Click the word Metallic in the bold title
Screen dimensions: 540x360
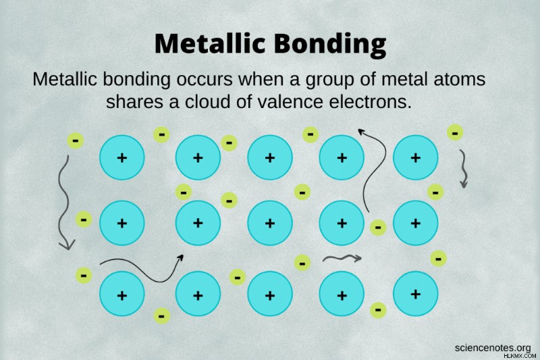point(210,43)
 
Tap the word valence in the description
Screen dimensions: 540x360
point(283,101)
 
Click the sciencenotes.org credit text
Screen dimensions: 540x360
point(492,348)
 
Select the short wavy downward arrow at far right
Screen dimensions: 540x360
point(463,169)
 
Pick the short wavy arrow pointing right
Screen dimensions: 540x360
point(342,258)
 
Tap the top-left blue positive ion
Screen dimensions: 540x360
point(122,157)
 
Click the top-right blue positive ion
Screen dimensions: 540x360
point(415,157)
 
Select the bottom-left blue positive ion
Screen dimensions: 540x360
point(122,294)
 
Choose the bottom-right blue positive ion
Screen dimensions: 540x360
point(415,294)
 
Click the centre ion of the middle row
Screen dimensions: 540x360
point(270,224)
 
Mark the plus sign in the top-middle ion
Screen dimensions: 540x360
point(270,158)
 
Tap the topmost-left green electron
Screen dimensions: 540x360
point(76,140)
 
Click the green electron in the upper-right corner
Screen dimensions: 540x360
point(455,132)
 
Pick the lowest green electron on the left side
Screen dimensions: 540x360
point(84,276)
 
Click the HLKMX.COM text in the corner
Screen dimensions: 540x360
point(520,356)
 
